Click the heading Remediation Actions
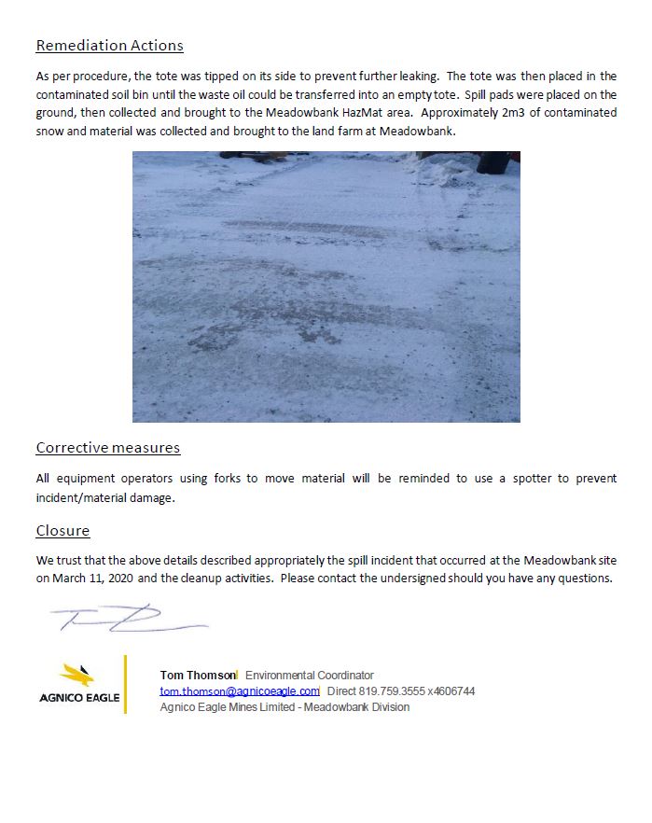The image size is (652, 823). tap(109, 46)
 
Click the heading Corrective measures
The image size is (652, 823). tap(108, 448)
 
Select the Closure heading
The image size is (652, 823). tap(62, 531)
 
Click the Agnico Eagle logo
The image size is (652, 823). tap(79, 685)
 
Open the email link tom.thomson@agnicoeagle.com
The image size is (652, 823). tap(239, 691)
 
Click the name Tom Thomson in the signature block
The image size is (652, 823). tap(198, 676)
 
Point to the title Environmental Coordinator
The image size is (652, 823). tap(309, 676)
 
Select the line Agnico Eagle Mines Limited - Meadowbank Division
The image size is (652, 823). tap(284, 707)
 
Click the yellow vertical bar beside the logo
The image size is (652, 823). tap(125, 685)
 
